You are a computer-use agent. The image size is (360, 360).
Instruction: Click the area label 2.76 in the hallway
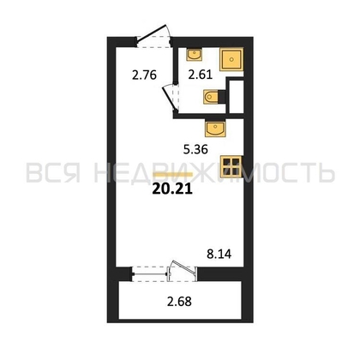point(144,75)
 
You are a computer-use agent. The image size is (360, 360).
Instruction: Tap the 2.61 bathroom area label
point(201,75)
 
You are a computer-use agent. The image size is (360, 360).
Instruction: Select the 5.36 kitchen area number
point(195,149)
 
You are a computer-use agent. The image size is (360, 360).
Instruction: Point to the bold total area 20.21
point(172,189)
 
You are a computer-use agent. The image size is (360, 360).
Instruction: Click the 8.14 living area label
point(219,254)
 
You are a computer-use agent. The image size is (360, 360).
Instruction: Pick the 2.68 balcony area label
point(179,302)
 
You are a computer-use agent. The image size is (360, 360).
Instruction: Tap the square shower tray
point(231,59)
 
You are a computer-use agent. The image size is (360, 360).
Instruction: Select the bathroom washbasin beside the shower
point(194,54)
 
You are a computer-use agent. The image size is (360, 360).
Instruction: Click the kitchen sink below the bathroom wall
point(215,129)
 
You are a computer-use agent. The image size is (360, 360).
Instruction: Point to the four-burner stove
point(231,166)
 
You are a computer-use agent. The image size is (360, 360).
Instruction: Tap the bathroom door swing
point(171,97)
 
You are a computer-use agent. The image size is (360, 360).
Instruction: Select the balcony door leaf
point(182,267)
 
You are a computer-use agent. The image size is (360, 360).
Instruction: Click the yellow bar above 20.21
point(173,175)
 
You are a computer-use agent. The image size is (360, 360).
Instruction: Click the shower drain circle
point(231,59)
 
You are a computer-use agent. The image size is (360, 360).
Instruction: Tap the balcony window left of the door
point(150,274)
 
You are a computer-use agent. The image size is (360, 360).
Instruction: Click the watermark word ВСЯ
point(53,173)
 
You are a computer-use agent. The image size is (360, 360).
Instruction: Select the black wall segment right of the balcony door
point(220,273)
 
